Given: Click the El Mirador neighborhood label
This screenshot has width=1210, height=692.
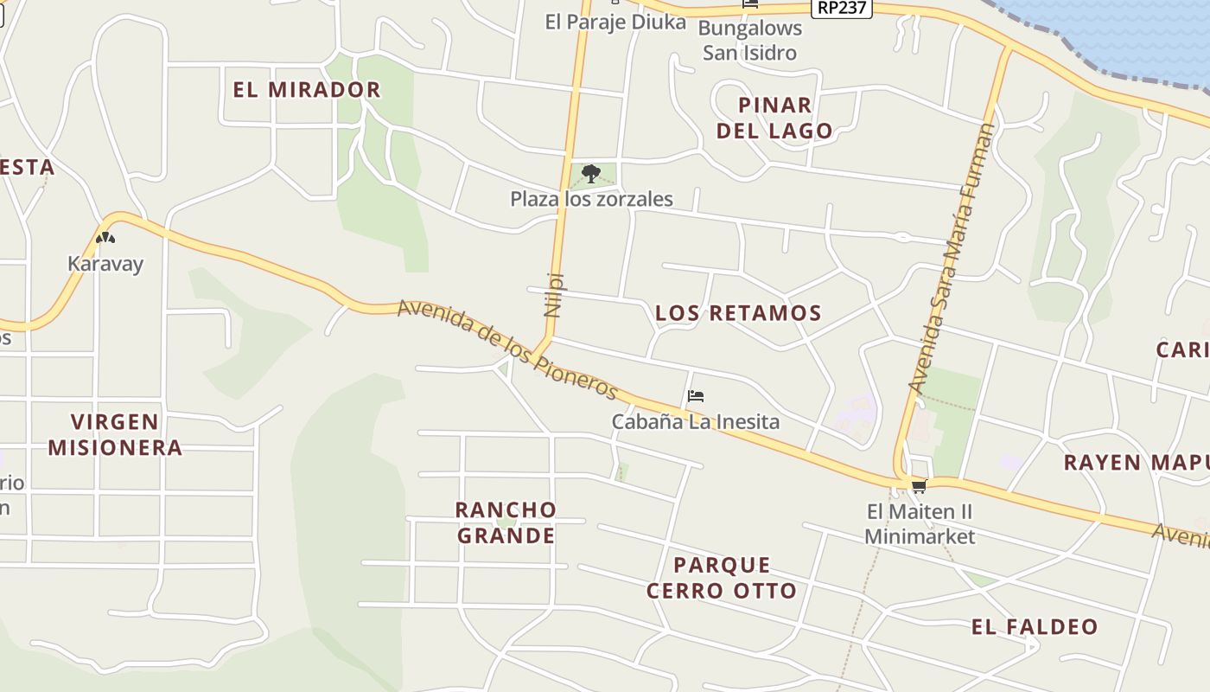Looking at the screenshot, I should (x=307, y=90).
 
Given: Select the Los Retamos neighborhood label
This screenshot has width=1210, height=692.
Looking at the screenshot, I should (x=738, y=313).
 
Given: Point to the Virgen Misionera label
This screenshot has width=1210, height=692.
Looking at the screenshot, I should (x=115, y=435).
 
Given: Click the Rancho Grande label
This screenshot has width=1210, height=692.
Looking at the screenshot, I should (x=506, y=522).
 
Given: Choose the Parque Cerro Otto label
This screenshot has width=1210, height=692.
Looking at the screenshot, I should (x=722, y=578).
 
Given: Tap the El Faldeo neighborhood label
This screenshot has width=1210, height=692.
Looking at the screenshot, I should (x=1035, y=627).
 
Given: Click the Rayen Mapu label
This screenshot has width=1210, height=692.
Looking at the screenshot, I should (x=1136, y=462).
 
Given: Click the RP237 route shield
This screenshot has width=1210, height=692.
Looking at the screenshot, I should (x=842, y=8).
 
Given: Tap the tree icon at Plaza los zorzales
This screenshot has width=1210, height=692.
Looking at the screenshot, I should (x=591, y=174).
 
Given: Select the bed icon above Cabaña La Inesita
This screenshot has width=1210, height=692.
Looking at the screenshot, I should (x=696, y=397).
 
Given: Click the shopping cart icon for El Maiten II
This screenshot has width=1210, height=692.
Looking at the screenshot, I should (x=918, y=486).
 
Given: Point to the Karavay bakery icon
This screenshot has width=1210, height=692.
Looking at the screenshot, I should (x=105, y=238).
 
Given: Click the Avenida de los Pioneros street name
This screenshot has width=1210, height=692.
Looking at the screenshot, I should (x=508, y=350).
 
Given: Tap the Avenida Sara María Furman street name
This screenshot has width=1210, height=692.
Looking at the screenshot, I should (x=952, y=258).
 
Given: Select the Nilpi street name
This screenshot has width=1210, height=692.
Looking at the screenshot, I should (x=554, y=295).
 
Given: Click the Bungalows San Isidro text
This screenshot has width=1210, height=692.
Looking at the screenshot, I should (x=749, y=40).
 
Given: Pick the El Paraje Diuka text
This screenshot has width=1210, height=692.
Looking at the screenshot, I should (x=615, y=22).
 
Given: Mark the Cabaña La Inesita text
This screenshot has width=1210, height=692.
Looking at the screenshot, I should (x=696, y=422).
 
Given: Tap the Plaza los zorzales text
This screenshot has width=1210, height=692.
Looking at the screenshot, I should (x=591, y=199).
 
